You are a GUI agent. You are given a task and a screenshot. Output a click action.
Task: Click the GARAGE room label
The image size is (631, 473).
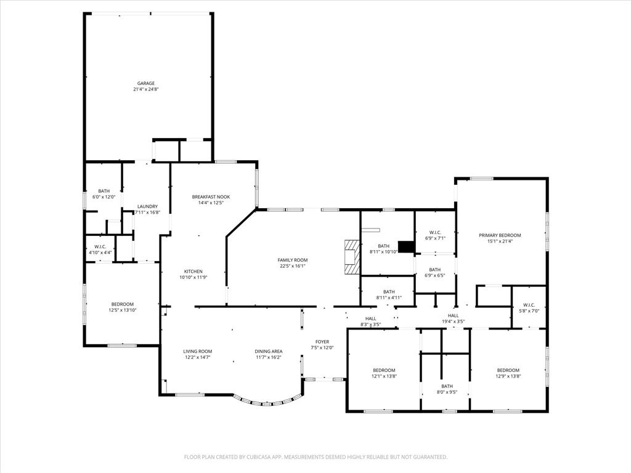(145, 83)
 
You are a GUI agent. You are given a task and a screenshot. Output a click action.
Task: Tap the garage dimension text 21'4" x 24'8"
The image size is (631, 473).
(145, 89)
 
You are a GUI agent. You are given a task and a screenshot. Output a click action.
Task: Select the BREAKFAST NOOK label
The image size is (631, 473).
(210, 196)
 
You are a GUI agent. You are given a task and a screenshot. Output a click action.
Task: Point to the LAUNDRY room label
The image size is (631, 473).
(147, 206)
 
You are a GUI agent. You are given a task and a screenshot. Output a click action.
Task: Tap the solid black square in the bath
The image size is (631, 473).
(406, 246)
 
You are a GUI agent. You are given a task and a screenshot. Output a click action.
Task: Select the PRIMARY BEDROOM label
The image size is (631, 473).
(500, 235)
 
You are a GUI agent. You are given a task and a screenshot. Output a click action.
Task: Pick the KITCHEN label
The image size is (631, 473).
(193, 272)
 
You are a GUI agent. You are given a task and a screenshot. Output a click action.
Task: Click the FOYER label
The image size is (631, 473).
(322, 341)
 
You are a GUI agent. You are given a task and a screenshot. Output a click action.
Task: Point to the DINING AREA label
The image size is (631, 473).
(269, 351)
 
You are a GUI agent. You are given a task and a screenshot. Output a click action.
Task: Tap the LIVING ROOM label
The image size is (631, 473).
(197, 351)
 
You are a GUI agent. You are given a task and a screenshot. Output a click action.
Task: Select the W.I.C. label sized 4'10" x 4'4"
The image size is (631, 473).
(100, 246)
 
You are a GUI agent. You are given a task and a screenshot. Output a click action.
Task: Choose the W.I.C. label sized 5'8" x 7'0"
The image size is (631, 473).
(531, 305)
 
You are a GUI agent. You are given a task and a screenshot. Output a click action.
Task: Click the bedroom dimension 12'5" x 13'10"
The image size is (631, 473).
(122, 310)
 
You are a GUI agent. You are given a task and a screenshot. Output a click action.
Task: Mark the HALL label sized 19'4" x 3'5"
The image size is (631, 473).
(453, 315)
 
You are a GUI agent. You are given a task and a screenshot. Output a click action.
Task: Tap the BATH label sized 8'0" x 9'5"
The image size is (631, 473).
(446, 386)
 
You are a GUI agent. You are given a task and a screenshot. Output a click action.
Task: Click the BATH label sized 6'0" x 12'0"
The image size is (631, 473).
(104, 191)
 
